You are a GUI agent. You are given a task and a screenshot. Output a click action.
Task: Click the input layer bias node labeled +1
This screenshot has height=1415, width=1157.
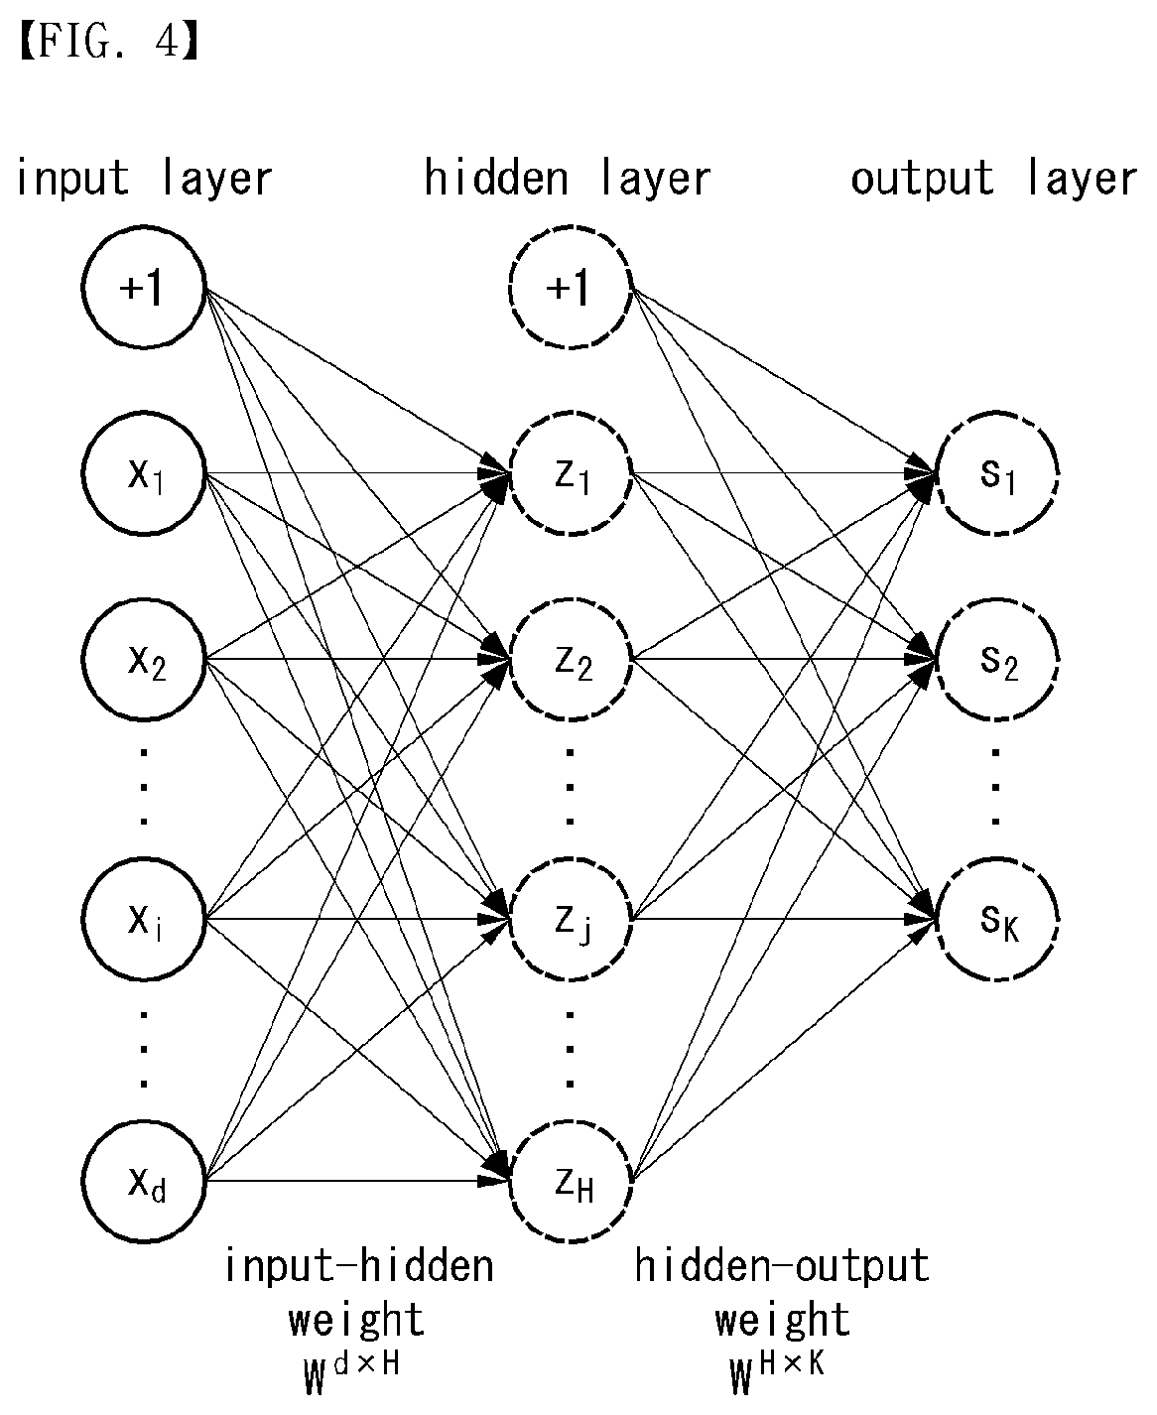[143, 287]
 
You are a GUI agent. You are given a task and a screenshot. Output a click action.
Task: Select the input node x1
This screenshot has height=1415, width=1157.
[143, 473]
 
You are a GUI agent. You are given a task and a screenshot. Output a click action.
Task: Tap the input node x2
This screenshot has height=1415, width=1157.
[143, 659]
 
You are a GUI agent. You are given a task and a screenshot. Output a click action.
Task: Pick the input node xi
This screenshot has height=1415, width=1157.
[143, 919]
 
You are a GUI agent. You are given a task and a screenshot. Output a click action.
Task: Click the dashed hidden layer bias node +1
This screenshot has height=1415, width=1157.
[570, 287]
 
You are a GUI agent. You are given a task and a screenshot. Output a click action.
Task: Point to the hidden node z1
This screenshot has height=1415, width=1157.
[570, 473]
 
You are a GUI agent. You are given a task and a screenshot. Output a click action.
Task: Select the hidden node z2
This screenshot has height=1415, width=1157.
[570, 659]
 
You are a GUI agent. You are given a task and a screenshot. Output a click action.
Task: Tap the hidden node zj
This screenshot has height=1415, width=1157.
[570, 919]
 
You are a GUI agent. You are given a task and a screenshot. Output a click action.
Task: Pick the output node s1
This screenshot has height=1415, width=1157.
[997, 473]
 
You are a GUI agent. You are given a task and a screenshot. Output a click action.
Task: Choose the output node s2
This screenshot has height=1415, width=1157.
[997, 659]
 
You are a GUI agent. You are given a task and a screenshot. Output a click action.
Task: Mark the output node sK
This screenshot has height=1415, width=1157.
[997, 919]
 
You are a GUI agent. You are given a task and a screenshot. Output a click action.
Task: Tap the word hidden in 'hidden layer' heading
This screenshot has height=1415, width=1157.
[496, 178]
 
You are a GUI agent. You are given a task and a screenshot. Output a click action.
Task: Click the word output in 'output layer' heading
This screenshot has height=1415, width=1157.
[922, 179]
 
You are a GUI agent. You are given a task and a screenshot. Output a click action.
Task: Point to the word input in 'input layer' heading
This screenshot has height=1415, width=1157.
[71, 179]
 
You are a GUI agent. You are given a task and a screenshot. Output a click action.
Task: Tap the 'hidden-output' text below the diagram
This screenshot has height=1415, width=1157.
[782, 1266]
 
